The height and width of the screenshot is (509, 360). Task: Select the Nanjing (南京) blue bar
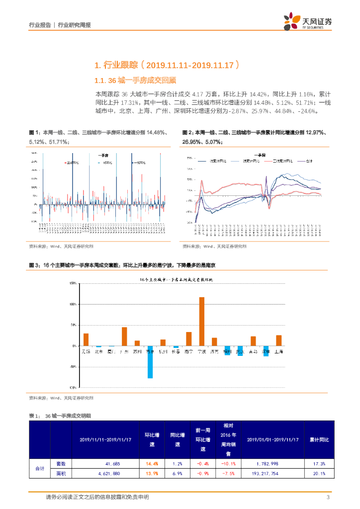pyautogui.click(x=150, y=362)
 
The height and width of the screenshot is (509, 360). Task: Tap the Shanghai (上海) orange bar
pyautogui.click(x=278, y=340)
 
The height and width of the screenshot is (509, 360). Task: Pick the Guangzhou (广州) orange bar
pyautogui.click(x=124, y=336)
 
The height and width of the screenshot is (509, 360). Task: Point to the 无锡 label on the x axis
pyautogui.click(x=86, y=352)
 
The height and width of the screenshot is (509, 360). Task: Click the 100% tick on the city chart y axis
pyautogui.click(x=73, y=304)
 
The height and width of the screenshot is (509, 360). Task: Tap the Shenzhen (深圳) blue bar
pyautogui.click(x=266, y=351)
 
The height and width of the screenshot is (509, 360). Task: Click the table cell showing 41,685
pyautogui.click(x=107, y=463)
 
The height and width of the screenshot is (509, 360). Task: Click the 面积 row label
pyautogui.click(x=60, y=474)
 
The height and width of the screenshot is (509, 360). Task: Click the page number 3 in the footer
pyautogui.click(x=328, y=498)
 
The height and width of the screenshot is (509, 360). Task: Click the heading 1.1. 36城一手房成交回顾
pyautogui.click(x=135, y=80)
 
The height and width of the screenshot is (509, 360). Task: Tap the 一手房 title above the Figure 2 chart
pyautogui.click(x=259, y=154)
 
